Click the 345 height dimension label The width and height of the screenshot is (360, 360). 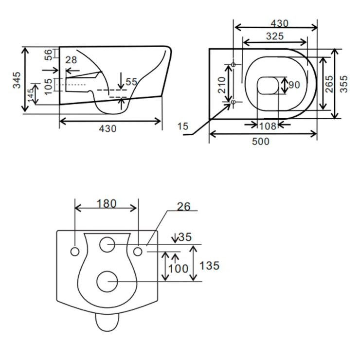point(17,80)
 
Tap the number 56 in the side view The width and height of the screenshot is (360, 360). point(49,54)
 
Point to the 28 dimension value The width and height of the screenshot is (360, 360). point(71,60)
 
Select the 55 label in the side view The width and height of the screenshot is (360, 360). point(131,82)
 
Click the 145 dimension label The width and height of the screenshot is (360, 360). point(31,94)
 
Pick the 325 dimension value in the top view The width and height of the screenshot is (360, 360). point(275,36)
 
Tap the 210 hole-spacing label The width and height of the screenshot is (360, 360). point(222,85)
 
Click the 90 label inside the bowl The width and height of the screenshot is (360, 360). point(294,85)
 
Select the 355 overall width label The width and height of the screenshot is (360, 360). point(343,84)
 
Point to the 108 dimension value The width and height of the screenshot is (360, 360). point(268,126)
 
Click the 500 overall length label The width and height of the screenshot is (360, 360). point(261,142)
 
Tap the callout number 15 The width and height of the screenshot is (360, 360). point(183,126)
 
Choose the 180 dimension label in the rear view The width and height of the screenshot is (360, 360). point(107,204)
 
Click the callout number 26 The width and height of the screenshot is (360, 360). point(184,207)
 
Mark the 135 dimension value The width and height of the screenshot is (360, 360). point(209,266)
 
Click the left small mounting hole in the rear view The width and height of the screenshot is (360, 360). point(75,252)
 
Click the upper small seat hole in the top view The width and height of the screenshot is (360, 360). point(233,65)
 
